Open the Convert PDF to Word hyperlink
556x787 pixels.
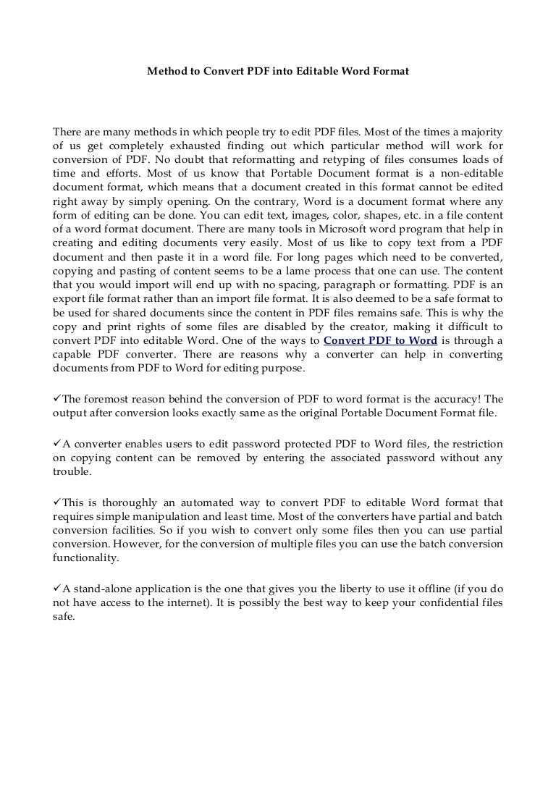coord(380,341)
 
